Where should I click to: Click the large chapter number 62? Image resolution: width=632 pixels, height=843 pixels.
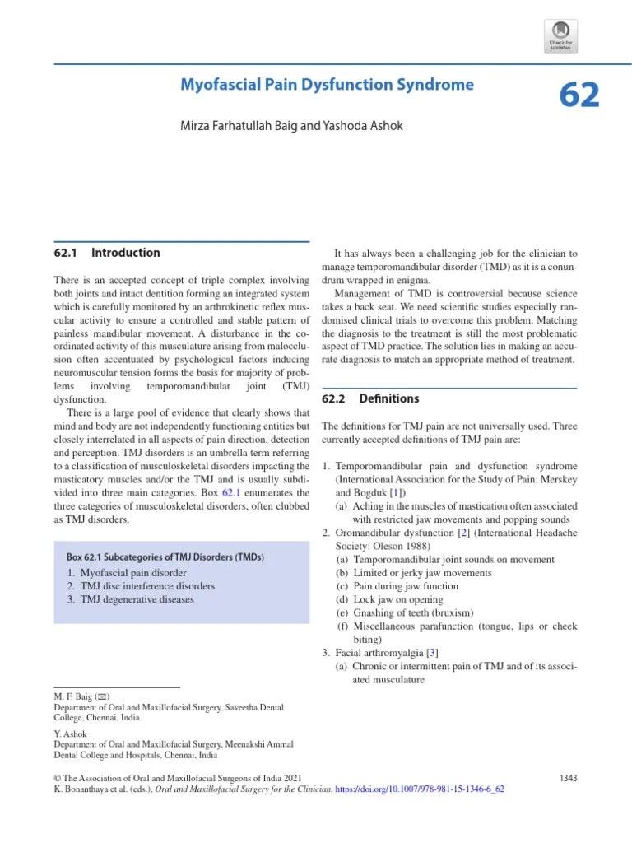[579, 95]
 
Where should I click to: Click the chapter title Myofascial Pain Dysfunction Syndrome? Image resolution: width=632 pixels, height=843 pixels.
[327, 85]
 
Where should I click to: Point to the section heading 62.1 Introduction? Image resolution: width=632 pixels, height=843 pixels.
[106, 253]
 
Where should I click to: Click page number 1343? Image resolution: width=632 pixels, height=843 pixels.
[568, 776]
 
